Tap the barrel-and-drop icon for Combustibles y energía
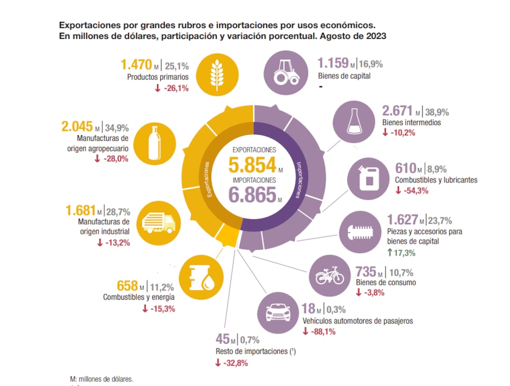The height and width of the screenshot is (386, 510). (200, 277)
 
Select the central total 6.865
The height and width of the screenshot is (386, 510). (252, 195)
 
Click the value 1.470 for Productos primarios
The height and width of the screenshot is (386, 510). (136, 65)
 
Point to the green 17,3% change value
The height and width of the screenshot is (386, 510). (401, 253)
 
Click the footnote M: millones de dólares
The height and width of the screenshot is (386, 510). (101, 379)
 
